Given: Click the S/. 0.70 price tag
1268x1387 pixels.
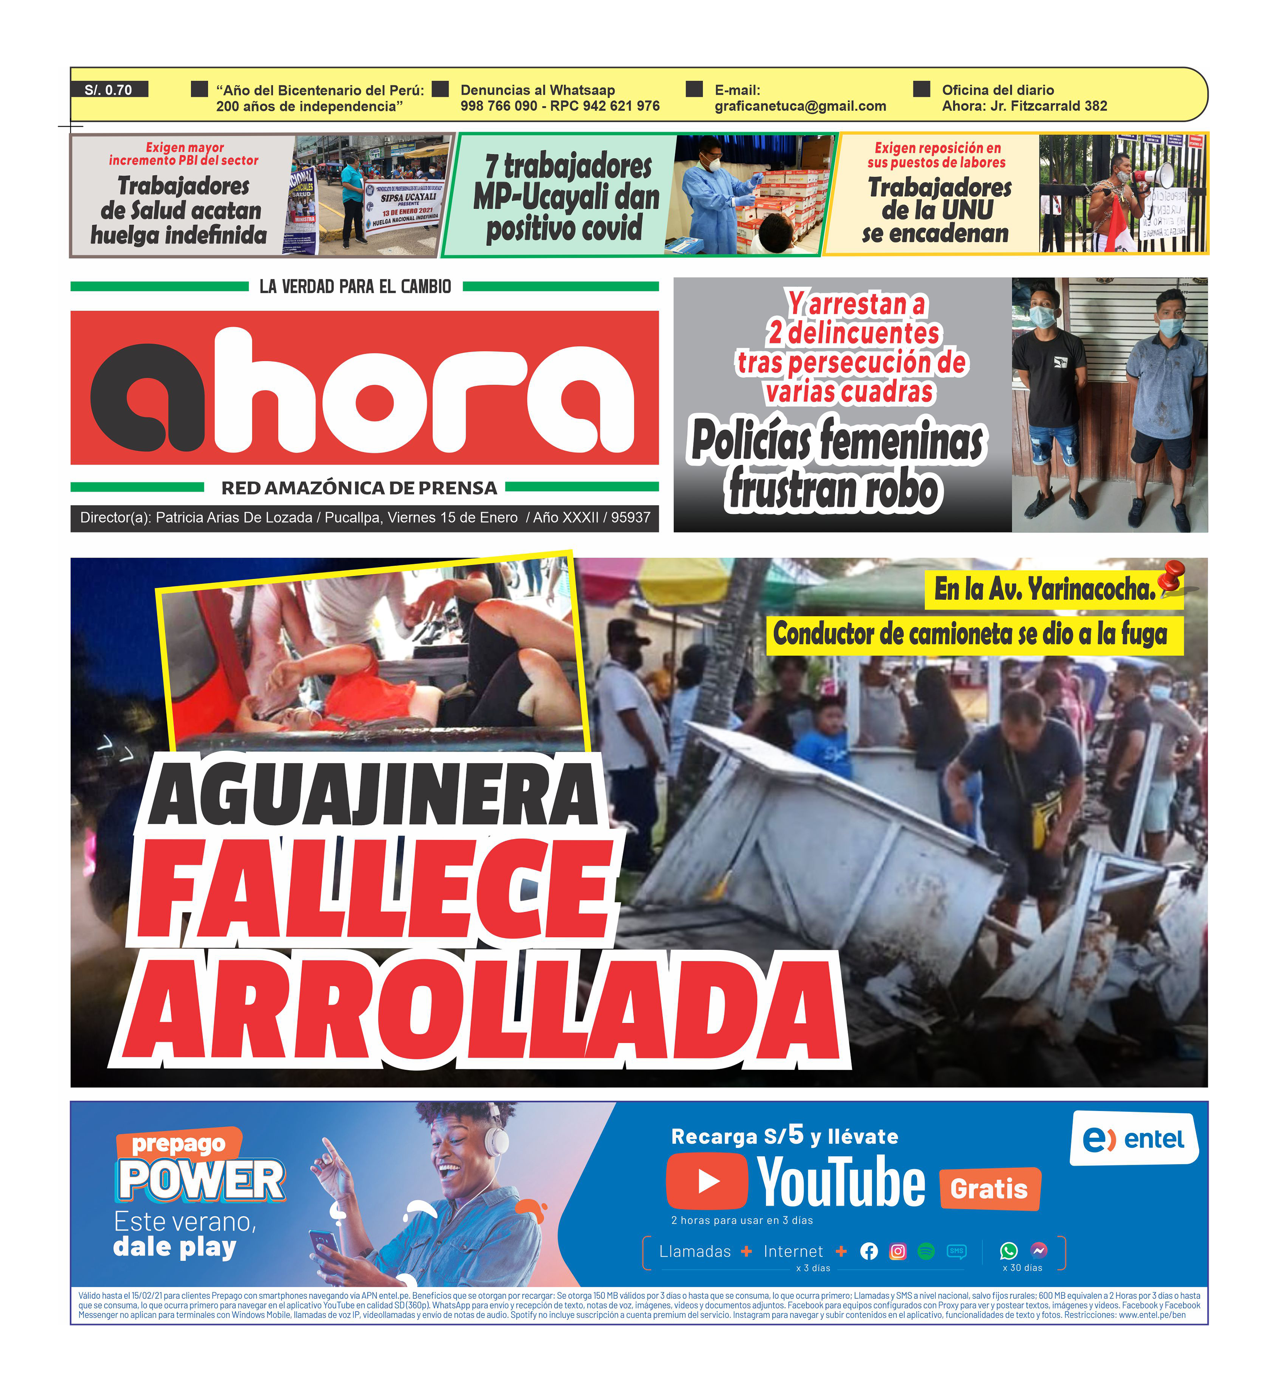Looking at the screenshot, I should [109, 89].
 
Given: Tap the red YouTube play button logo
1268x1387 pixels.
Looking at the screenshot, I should [707, 1181].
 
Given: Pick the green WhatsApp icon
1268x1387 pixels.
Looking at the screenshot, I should [1008, 1250].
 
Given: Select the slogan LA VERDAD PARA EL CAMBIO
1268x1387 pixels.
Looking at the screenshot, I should [355, 286].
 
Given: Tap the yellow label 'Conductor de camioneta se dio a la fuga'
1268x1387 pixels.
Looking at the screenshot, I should [970, 634].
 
